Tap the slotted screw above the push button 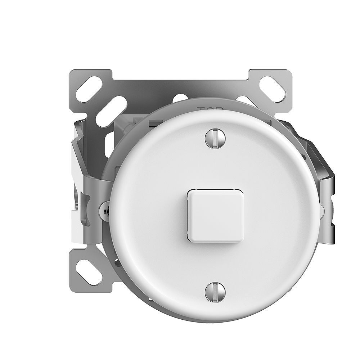click(x=215, y=138)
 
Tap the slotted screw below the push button click(x=215, y=292)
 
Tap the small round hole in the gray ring click(x=117, y=262)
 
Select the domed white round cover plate click(x=252, y=245)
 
